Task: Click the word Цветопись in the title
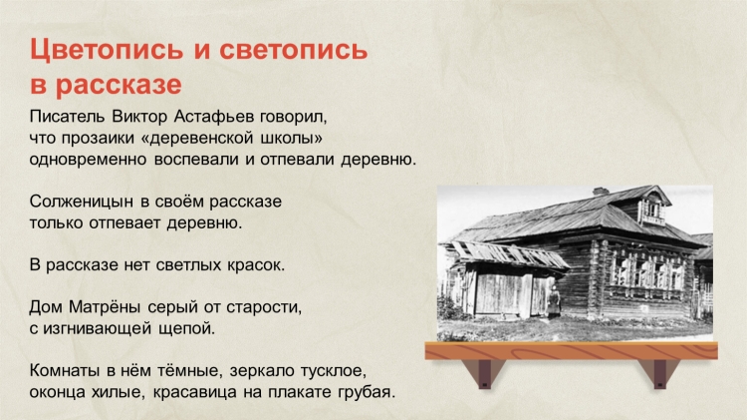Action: (107, 50)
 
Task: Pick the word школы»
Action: (292, 138)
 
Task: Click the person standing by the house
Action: (553, 301)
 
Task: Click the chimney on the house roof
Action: (601, 192)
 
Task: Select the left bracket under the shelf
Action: (484, 374)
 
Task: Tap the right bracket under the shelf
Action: (659, 374)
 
